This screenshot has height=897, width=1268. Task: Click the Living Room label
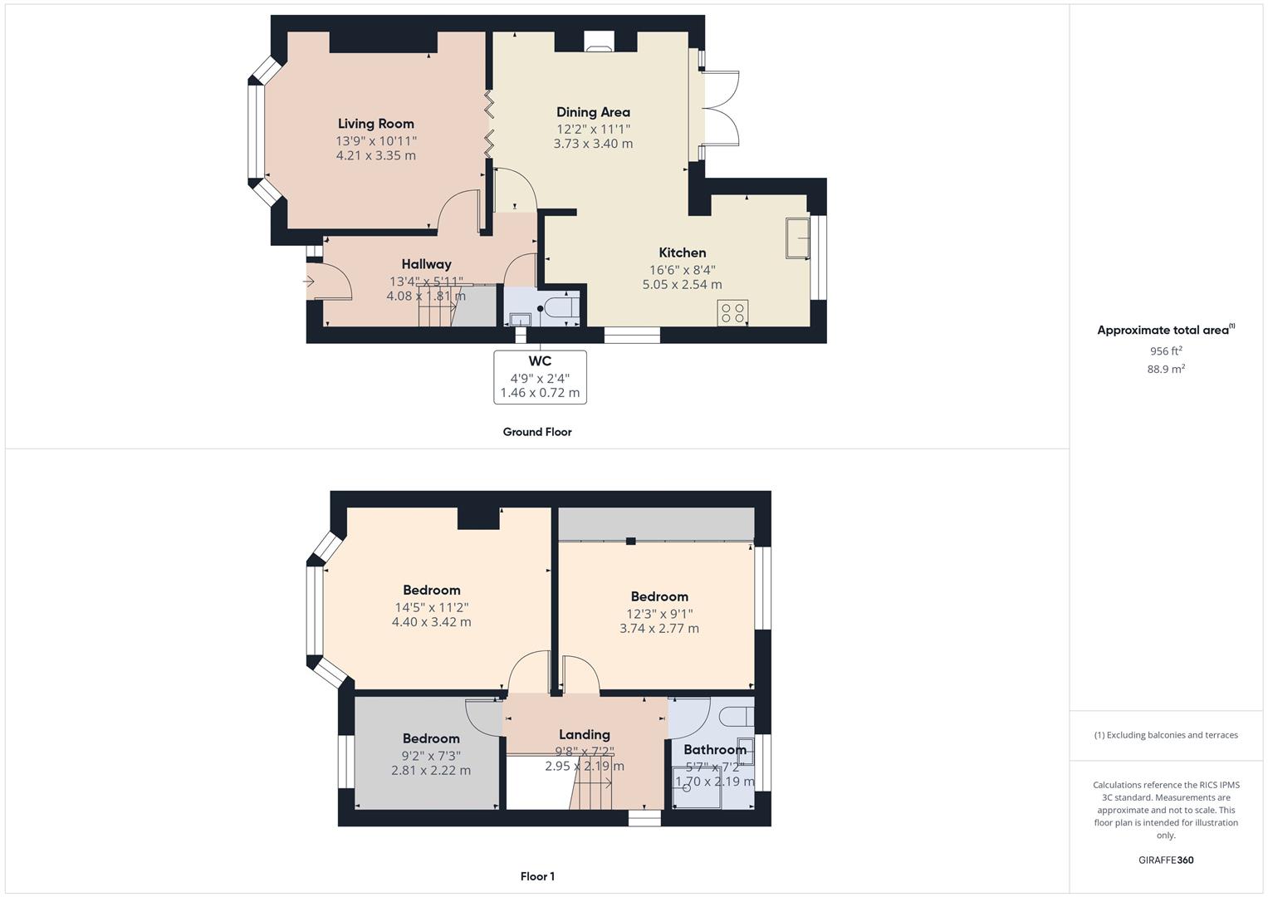(375, 124)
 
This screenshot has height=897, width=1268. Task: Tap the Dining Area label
(593, 112)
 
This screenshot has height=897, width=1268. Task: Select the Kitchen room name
(683, 252)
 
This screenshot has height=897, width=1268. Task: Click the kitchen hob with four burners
(732, 313)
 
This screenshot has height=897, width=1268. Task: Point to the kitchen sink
(798, 238)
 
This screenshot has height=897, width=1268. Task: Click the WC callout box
(540, 377)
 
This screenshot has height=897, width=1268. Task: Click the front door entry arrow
(309, 282)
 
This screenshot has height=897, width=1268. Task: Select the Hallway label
(426, 264)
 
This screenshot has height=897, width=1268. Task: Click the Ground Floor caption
(537, 432)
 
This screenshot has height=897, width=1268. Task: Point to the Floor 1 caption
(537, 876)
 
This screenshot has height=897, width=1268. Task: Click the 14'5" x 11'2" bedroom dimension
(431, 607)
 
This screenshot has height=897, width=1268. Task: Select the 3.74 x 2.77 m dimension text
(659, 629)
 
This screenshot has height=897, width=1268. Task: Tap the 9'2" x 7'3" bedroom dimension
(431, 756)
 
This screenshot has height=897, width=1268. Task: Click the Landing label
(585, 734)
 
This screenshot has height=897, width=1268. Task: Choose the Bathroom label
(715, 749)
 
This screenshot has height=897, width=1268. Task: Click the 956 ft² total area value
(1166, 351)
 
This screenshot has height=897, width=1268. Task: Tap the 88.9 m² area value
(1166, 369)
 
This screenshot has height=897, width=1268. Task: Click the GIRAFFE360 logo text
(1166, 860)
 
